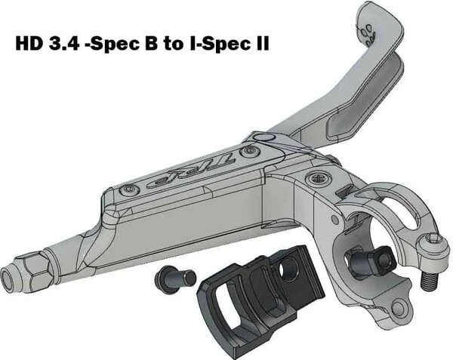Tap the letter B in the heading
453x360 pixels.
point(152,44)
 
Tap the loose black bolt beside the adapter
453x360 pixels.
point(175,278)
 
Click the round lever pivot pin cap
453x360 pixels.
point(263,137)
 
